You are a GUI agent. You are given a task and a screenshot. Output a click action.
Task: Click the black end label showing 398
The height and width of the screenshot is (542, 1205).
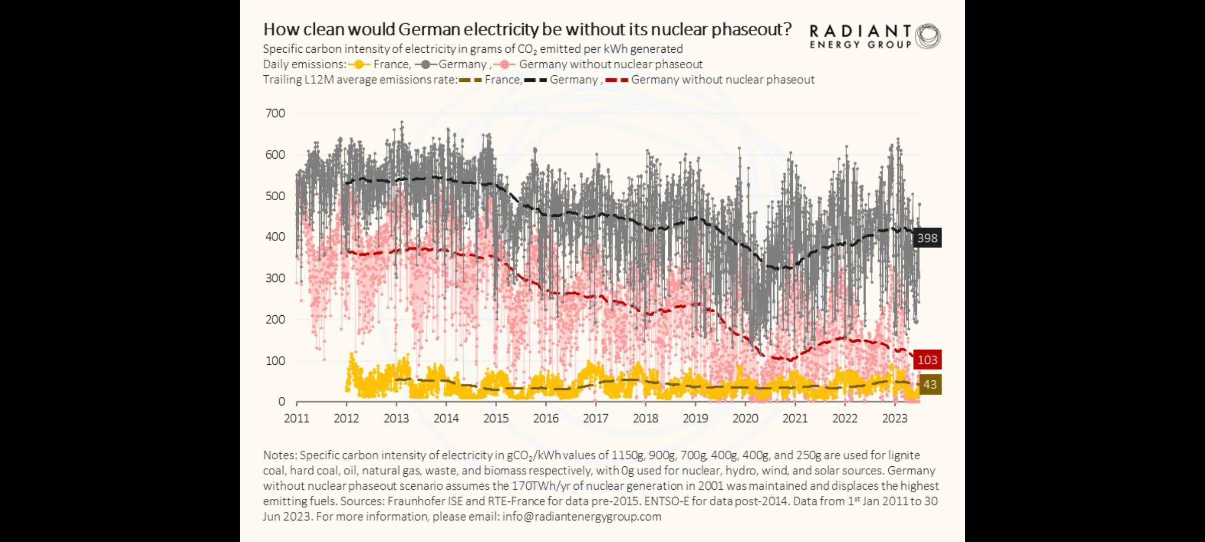927,238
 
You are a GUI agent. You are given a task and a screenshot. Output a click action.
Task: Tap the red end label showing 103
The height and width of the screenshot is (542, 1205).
927,360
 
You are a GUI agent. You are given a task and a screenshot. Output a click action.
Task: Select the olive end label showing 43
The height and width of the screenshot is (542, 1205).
930,384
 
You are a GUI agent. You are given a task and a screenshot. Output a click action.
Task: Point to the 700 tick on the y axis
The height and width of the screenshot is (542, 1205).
275,113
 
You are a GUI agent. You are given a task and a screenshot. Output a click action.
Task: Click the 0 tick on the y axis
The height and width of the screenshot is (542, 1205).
282,401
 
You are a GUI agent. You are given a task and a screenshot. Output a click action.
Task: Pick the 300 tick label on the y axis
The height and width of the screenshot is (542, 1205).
275,278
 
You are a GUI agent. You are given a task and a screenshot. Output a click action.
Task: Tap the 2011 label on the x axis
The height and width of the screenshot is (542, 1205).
297,419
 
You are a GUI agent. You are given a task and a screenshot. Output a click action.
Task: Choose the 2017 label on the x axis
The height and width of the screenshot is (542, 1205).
595,419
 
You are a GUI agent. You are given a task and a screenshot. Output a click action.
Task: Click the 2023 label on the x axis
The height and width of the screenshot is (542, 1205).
895,419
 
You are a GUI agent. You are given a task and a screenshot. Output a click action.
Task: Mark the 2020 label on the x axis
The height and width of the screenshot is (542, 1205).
745,419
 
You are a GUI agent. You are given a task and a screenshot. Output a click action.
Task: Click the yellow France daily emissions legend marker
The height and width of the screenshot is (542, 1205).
359,65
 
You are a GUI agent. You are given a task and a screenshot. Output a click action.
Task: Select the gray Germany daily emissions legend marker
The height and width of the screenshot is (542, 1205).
426,65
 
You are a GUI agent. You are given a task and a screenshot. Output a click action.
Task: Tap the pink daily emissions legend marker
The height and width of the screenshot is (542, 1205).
505,65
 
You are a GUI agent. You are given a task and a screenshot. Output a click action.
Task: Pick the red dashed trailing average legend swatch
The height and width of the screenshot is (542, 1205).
617,80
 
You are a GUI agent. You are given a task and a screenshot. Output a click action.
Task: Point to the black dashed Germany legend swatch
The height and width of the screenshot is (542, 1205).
536,80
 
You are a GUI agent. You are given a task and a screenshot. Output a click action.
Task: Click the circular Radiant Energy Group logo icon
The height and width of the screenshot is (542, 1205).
928,36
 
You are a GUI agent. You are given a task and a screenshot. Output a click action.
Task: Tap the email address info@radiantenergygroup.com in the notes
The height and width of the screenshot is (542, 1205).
582,516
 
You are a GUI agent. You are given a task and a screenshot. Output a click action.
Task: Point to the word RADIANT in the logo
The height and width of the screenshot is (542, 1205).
861,31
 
